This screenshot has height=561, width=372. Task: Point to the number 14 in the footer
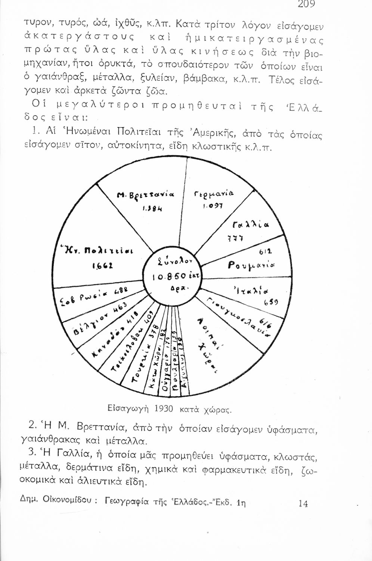(303, 503)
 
